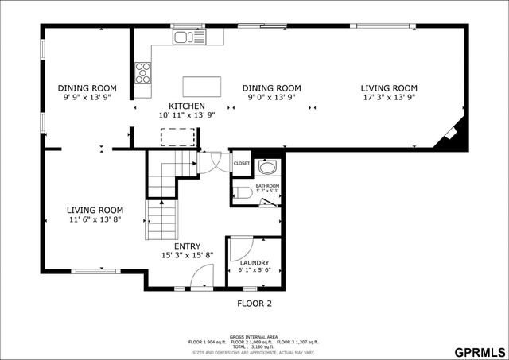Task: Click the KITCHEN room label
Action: tap(187, 106)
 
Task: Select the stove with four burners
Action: tap(144, 72)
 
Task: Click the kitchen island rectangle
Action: tap(199, 85)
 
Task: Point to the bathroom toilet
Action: tap(243, 192)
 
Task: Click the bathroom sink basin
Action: tap(266, 168)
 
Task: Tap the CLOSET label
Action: tap(242, 164)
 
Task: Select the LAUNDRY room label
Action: tap(254, 262)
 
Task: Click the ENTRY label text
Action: tap(188, 246)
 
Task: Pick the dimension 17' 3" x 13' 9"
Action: tap(389, 97)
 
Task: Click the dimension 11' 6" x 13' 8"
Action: tap(94, 219)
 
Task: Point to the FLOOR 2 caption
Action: tap(254, 304)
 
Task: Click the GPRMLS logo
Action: tap(479, 350)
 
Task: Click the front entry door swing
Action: tap(203, 277)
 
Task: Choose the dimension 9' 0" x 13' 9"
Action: tap(271, 97)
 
